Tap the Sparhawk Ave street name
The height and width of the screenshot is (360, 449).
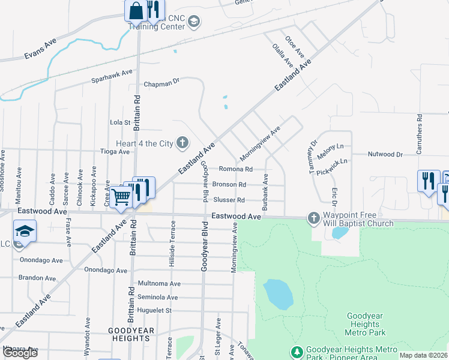point(112,76)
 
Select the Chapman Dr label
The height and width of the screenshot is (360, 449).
point(161,82)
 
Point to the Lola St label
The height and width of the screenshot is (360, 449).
point(120,122)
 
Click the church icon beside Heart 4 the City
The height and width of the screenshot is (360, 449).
point(183,143)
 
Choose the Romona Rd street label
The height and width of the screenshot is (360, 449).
point(235,169)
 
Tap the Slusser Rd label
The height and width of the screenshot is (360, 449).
point(229,200)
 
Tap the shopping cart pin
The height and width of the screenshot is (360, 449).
point(121,196)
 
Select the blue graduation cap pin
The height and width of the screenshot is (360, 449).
point(25,231)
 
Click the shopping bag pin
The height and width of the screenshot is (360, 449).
point(136,10)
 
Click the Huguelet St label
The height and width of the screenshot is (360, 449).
point(155,311)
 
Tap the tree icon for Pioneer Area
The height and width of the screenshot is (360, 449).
point(296,350)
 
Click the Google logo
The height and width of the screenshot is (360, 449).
point(20,352)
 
